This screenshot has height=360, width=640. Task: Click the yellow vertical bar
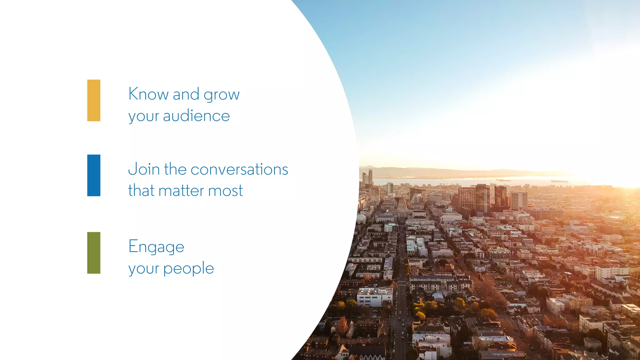94,100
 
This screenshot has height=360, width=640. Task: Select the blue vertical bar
94,175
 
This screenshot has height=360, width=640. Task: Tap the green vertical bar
94,253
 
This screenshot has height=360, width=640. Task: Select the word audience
196,116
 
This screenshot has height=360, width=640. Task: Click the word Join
144,169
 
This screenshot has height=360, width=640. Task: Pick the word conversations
239,169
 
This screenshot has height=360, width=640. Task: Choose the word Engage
156,247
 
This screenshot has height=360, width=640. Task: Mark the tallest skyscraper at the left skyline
370,177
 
